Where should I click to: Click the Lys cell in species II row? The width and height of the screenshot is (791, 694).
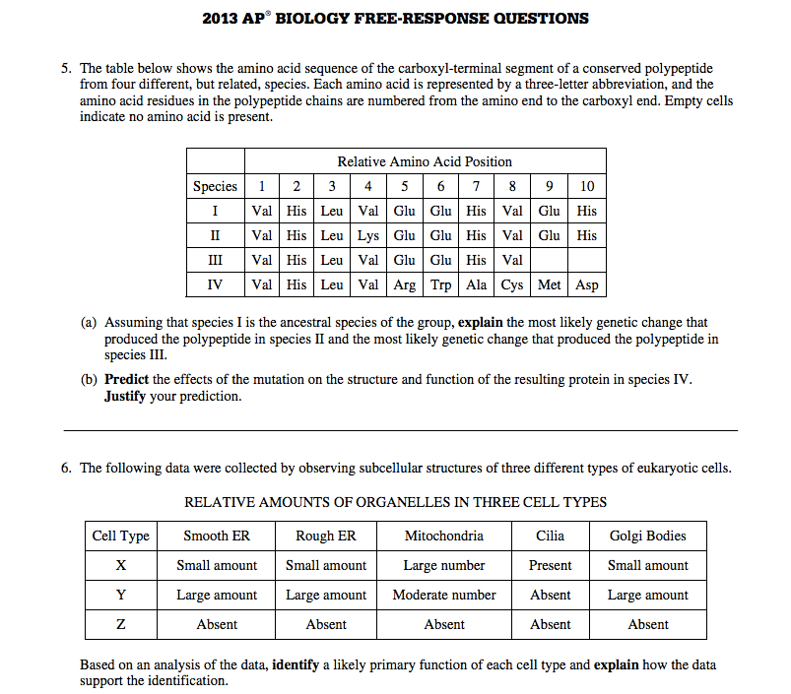coord(368,235)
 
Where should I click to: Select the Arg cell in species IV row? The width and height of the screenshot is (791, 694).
coord(405,284)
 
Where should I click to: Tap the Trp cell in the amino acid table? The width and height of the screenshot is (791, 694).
coord(440,284)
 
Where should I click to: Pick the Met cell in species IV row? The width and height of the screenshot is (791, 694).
coord(550,284)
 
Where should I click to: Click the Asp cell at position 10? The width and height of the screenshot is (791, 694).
coord(587,284)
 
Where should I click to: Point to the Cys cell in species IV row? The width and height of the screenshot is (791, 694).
coord(512,284)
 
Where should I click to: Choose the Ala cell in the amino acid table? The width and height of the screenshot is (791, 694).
coord(477,284)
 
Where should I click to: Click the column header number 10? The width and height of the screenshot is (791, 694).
coord(587,186)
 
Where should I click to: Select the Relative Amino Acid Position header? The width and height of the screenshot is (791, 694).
coord(425,161)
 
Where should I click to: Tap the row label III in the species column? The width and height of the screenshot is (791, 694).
coord(215,260)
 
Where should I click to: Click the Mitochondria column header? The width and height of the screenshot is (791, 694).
coord(444,536)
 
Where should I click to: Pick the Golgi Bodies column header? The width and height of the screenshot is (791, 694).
coord(647,536)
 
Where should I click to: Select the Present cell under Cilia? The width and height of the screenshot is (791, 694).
coord(550,565)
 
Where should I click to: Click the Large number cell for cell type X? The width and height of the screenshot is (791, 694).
coord(444,565)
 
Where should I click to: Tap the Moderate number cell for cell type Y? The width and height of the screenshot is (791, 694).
coord(444,595)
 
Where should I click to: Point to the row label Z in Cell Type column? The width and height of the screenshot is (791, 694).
coord(120,624)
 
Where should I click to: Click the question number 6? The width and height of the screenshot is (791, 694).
coord(66,468)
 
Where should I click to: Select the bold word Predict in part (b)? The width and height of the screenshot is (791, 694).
coord(127,379)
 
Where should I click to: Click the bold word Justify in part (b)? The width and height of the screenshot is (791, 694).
coord(125,397)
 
